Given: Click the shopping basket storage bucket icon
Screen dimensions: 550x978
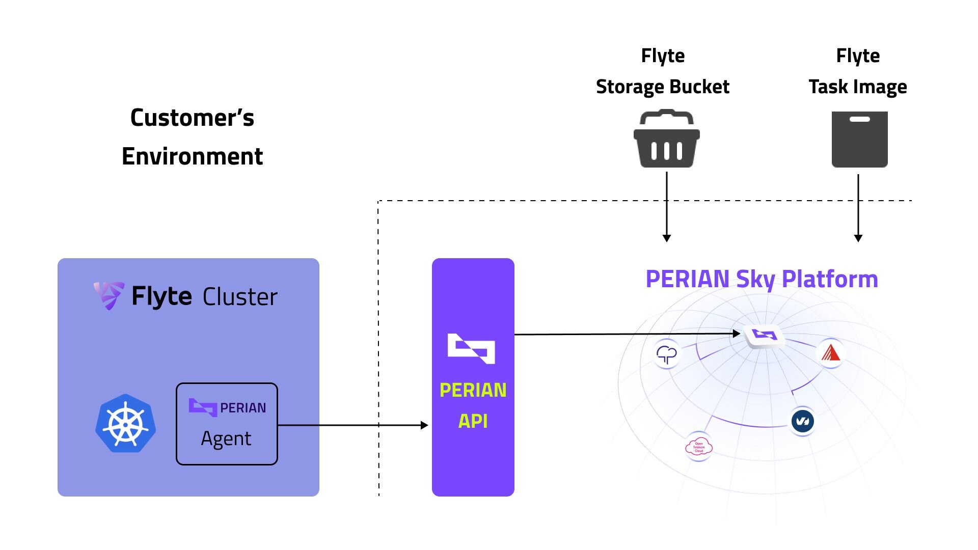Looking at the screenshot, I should (x=666, y=139).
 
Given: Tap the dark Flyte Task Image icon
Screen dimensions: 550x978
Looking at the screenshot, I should (x=859, y=140).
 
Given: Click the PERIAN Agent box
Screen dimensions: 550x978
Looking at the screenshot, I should (x=227, y=424).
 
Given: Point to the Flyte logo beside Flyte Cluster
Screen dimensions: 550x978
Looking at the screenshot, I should (x=108, y=295).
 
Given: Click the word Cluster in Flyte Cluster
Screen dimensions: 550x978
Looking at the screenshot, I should (x=240, y=297).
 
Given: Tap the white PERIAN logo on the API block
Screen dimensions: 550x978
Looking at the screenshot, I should (x=471, y=349).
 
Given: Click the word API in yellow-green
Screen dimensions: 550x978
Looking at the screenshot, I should (x=473, y=422).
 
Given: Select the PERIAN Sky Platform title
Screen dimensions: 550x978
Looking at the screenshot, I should (x=762, y=279).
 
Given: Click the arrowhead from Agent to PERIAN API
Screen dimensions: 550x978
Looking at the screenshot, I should (x=424, y=425).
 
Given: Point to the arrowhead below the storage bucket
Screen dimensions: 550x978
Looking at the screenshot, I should (x=666, y=238).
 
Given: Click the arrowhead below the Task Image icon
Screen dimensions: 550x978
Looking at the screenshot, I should (x=858, y=238).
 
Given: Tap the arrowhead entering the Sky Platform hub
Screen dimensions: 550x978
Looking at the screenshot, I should (x=737, y=334).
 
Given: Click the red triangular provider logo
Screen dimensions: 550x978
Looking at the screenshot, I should (x=830, y=353).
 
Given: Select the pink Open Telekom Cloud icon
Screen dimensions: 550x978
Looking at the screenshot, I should (x=698, y=447).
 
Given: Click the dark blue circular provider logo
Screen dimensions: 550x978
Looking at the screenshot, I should (x=802, y=421).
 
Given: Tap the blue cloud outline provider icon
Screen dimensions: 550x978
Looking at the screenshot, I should (x=667, y=353).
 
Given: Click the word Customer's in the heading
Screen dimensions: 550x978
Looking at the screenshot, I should (x=192, y=118).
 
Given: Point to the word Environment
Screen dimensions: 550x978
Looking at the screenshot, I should (x=192, y=156).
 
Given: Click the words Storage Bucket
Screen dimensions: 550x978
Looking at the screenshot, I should (x=662, y=87).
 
